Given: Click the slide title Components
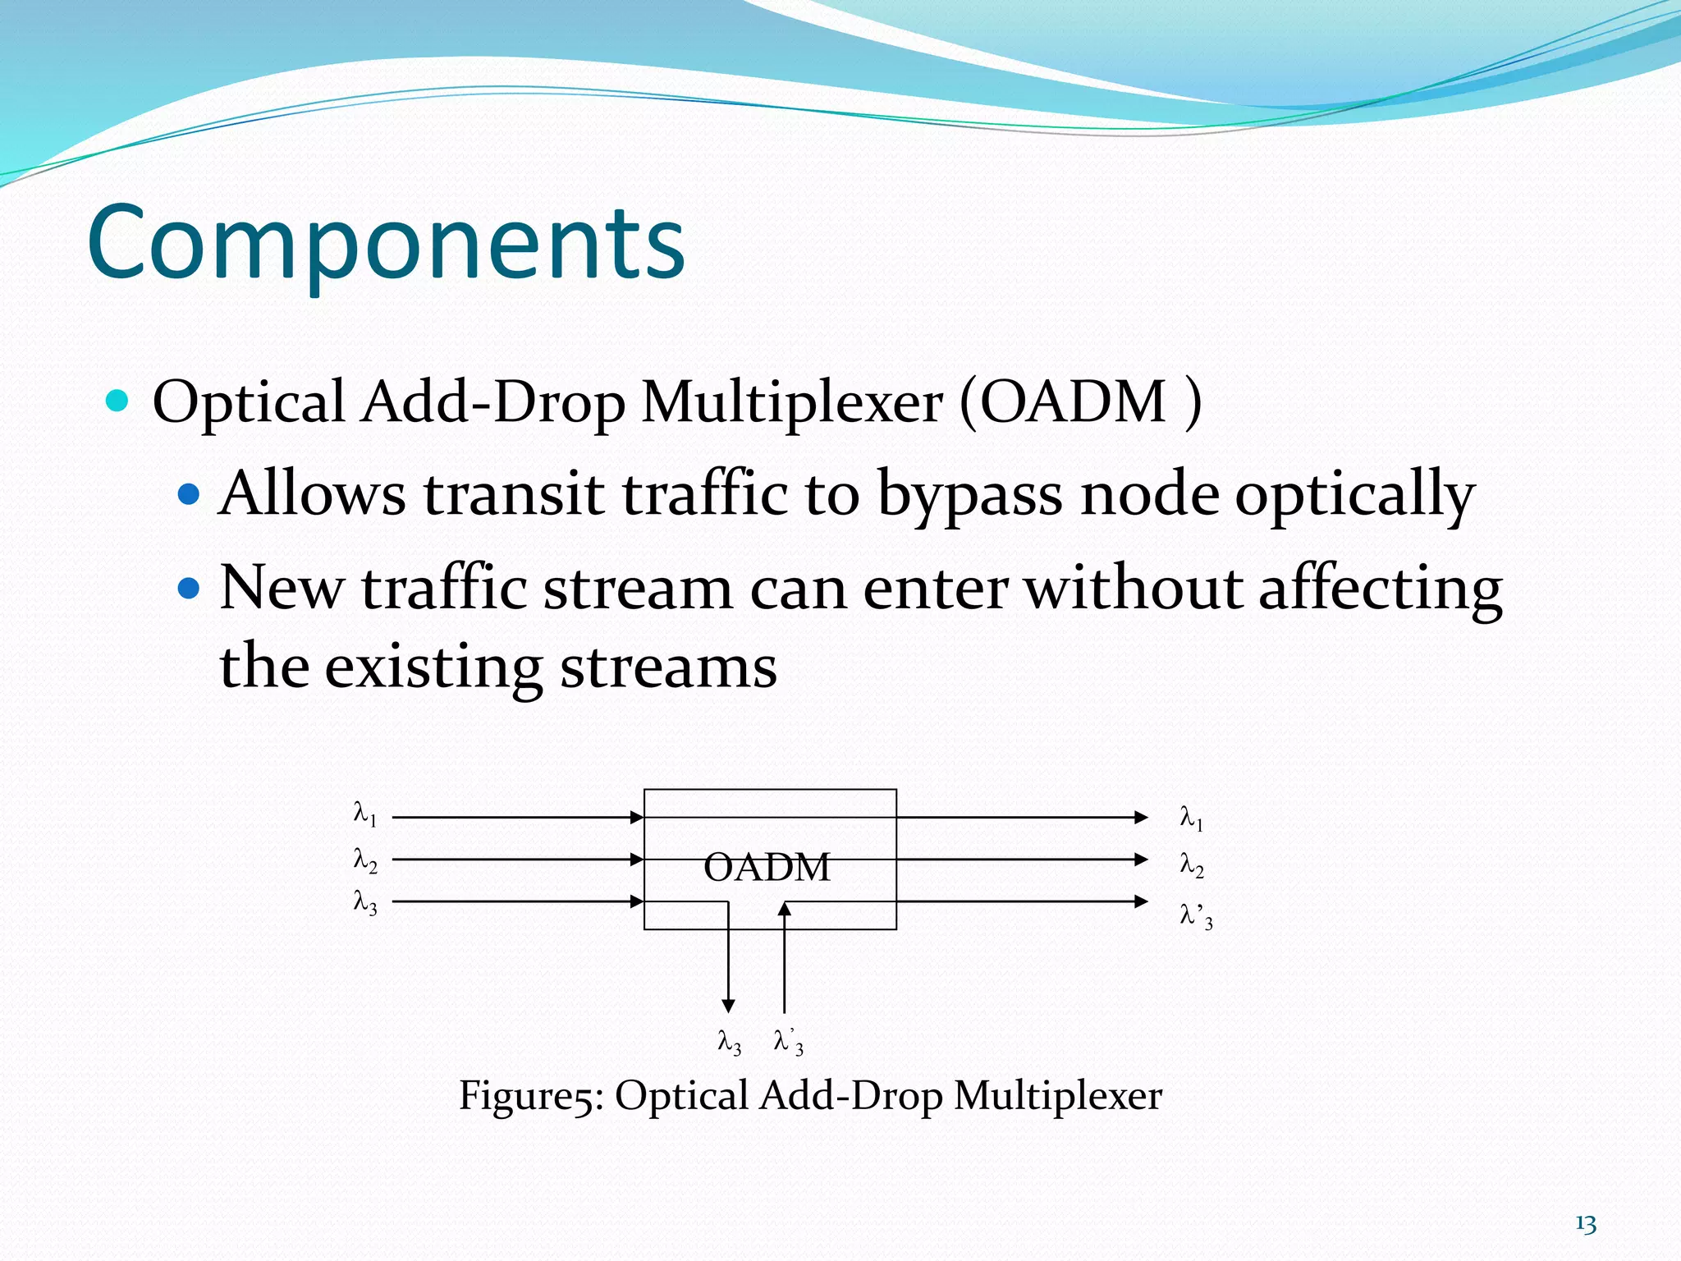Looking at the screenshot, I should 386,243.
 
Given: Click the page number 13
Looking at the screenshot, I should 1585,1224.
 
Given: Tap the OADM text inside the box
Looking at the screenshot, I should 767,867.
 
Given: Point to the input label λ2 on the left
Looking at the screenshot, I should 364,860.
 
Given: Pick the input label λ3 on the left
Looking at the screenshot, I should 364,903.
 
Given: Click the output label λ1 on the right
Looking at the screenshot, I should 1191,818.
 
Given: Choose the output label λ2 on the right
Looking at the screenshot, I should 1191,864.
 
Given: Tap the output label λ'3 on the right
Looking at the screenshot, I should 1195,915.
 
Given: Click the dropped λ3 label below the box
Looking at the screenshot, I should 729,1043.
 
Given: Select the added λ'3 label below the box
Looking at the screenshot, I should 788,1043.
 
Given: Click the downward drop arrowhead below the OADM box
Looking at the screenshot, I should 728,1006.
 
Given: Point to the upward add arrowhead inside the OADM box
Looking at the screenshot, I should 785,908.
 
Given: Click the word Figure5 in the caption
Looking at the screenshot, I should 530,1096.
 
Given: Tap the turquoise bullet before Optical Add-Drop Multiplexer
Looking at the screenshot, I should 118,401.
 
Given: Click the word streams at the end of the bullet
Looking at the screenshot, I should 668,667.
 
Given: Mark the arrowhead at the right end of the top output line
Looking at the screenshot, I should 1141,817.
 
